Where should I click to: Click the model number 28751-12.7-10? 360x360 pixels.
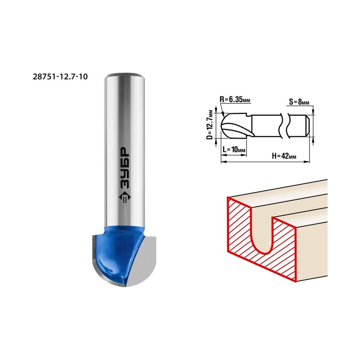(x=60, y=76)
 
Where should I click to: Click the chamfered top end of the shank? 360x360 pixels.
(x=125, y=76)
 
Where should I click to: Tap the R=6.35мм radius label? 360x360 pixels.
(x=235, y=100)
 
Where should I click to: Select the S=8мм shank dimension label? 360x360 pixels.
(x=299, y=102)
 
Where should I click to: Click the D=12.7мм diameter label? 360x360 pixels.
(x=210, y=125)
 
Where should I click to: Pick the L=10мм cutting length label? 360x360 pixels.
(x=234, y=150)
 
